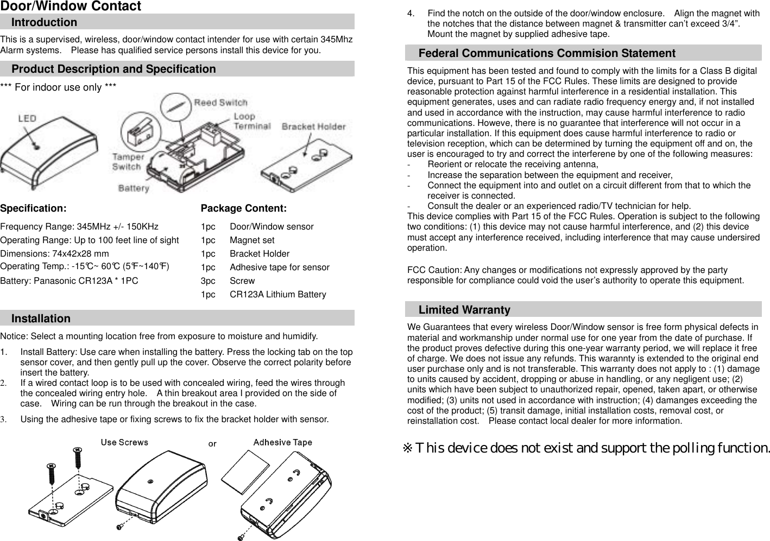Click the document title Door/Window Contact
71,7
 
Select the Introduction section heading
44,22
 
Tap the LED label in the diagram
27,118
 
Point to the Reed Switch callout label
220,103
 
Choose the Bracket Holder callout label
313,126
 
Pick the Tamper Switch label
128,162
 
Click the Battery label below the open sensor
134,188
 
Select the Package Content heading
243,208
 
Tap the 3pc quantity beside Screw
208,281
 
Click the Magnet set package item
252,240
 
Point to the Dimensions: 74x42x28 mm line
54,253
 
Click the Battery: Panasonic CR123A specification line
69,281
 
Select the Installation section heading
41,319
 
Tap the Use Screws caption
124,442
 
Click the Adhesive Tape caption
282,442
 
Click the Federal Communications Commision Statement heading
547,53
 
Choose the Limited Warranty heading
464,310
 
